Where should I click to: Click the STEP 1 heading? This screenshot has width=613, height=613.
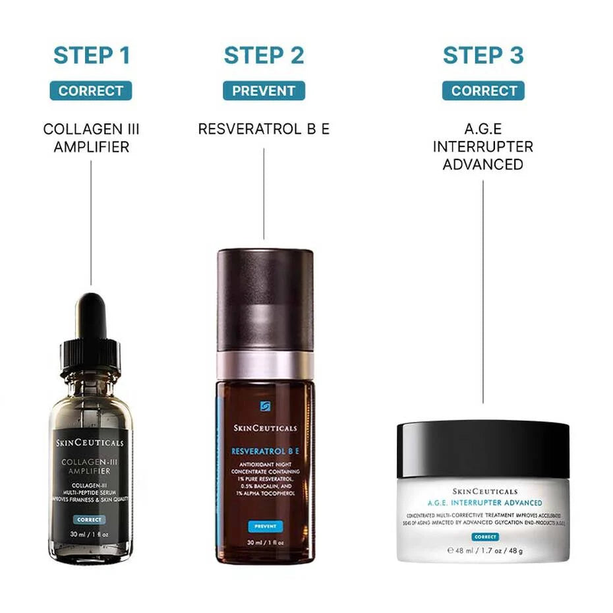91,55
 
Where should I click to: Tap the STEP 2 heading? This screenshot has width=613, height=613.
264,55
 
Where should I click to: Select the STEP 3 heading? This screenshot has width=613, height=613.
482,55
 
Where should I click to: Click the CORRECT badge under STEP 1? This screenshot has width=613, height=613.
91,91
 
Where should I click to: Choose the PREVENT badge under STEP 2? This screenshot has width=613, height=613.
264,91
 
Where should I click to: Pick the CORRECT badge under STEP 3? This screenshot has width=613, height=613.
482,91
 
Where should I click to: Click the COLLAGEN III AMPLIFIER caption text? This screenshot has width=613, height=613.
91,138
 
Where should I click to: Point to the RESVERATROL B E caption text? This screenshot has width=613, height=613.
264,129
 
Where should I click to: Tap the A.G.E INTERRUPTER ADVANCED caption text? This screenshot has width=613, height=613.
482,146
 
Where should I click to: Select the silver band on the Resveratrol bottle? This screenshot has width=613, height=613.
265,365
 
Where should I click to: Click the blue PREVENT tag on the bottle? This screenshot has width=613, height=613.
265,527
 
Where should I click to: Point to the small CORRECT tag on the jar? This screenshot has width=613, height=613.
485,537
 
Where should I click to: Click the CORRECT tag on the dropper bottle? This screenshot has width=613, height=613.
89,519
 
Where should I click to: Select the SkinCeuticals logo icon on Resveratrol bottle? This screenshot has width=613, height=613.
265,406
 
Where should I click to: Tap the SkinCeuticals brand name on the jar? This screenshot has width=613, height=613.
485,492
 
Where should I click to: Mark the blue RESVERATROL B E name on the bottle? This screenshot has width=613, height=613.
265,451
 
